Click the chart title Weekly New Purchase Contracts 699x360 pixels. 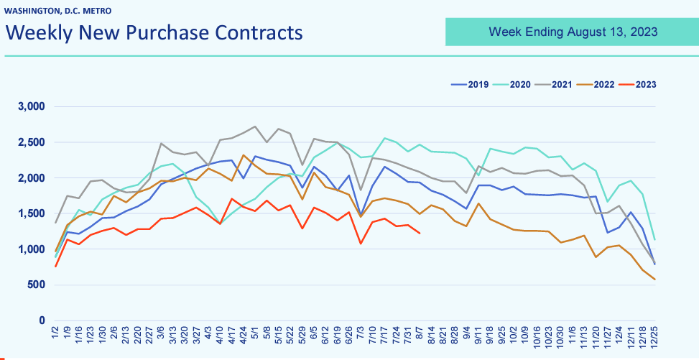[x=154, y=33]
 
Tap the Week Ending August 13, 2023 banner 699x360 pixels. [x=573, y=32]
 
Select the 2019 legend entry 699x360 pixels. [x=471, y=84]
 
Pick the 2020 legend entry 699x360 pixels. [x=513, y=84]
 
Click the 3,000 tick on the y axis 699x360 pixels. [x=31, y=106]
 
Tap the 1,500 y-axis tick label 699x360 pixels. [x=31, y=213]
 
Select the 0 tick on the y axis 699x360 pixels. [x=42, y=320]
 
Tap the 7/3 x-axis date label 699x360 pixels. [x=361, y=336]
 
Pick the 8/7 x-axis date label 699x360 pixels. [x=420, y=336]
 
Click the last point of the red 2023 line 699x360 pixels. [x=420, y=233]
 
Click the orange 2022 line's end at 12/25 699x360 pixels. [x=654, y=279]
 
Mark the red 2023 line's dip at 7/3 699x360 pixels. [x=361, y=244]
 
